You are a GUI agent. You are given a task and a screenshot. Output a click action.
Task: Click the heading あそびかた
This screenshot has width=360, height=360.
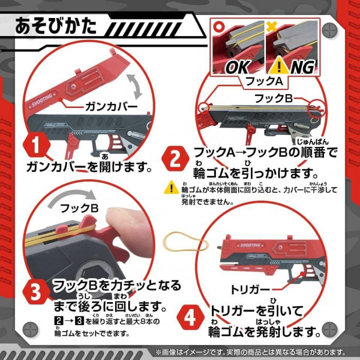pos(56,26)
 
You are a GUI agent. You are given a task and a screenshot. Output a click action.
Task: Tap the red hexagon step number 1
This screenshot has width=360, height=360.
pos(37,146)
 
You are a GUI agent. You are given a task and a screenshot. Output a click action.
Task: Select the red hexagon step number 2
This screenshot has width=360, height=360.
pos(175,158)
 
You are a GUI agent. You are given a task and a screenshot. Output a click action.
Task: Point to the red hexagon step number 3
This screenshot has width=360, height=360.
pos(36,292)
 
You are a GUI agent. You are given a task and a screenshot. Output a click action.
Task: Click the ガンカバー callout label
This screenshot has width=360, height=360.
pos(112,107)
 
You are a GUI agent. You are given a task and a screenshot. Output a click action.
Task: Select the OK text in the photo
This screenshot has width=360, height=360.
pos(238,67)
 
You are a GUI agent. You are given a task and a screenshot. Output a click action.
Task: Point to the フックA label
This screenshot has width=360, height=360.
pos(264,81)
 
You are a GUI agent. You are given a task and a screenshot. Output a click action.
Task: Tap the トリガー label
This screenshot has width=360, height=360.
pos(249,290)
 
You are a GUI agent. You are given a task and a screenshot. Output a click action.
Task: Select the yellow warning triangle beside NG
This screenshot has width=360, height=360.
pos(279,65)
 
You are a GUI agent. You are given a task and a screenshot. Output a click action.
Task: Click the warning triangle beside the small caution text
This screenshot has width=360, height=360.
pos(171,188)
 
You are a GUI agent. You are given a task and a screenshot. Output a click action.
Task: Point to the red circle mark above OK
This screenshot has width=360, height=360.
pos(218,26)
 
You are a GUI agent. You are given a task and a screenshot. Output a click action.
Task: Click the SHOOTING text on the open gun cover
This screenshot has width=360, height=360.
pos(42,100)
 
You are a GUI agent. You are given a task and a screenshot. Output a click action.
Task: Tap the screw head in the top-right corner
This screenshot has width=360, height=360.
pos(330,30)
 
